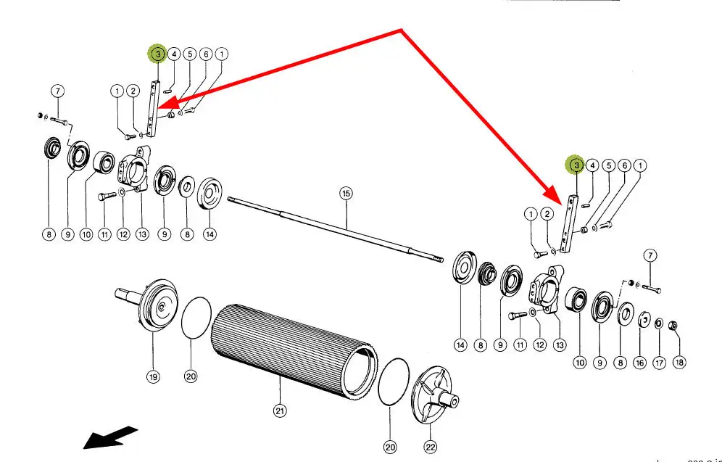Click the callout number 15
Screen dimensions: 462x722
coord(346,193)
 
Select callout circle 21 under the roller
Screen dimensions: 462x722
coord(280,411)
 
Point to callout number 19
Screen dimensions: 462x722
coord(153,376)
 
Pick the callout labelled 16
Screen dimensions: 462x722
coord(639,362)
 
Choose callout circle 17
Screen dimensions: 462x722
coord(658,362)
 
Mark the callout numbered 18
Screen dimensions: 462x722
coord(679,362)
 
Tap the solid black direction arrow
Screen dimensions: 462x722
coord(109,437)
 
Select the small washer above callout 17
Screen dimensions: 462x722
coord(657,323)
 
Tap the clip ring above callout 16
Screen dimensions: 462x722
coord(641,319)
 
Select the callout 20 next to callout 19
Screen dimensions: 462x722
coord(191,376)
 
